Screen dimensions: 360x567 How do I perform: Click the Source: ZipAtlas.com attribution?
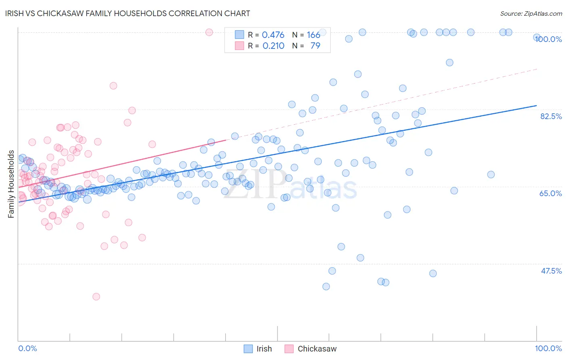tap(531, 13)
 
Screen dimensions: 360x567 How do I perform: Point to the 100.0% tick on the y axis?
tap(548, 39)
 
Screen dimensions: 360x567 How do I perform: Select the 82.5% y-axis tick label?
tap(551, 116)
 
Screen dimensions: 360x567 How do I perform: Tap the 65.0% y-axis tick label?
tap(550, 193)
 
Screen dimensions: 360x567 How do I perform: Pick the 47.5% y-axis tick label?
tap(551, 271)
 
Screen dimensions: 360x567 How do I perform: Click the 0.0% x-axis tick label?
tap(27, 348)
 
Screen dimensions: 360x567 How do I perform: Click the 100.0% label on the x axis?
tap(548, 348)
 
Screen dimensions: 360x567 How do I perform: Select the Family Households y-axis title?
tap(11, 184)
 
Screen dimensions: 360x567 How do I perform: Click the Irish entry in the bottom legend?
tap(264, 349)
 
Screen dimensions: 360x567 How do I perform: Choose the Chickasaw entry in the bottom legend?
tap(317, 349)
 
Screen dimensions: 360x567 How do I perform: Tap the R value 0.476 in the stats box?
tap(273, 35)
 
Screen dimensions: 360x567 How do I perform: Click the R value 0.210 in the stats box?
tap(273, 46)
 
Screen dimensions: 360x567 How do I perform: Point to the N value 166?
tap(313, 35)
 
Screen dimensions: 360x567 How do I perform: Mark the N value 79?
tap(315, 46)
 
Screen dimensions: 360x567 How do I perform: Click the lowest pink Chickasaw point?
tap(96, 297)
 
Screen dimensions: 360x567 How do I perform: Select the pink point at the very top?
tap(209, 32)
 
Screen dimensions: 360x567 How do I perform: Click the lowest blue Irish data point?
tap(326, 287)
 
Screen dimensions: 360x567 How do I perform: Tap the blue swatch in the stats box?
tap(240, 35)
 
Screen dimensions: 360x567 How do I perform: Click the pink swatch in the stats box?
tap(240, 46)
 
